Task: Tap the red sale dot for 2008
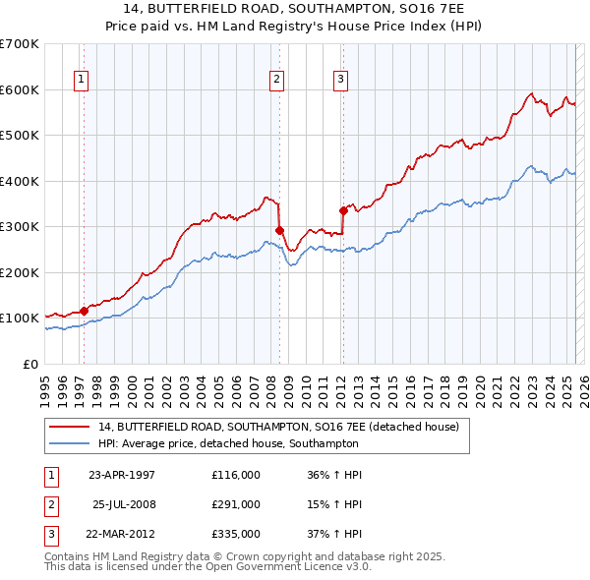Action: click(x=279, y=231)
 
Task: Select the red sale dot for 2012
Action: click(x=343, y=209)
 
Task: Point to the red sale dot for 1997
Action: click(x=85, y=311)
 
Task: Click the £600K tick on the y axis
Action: click(x=21, y=89)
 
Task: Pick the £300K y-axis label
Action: click(x=21, y=226)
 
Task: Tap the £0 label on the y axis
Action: click(x=29, y=364)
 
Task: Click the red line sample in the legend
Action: click(x=71, y=427)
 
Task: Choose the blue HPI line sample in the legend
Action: click(x=71, y=444)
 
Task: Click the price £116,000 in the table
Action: click(x=236, y=475)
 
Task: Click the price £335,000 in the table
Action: click(x=236, y=534)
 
